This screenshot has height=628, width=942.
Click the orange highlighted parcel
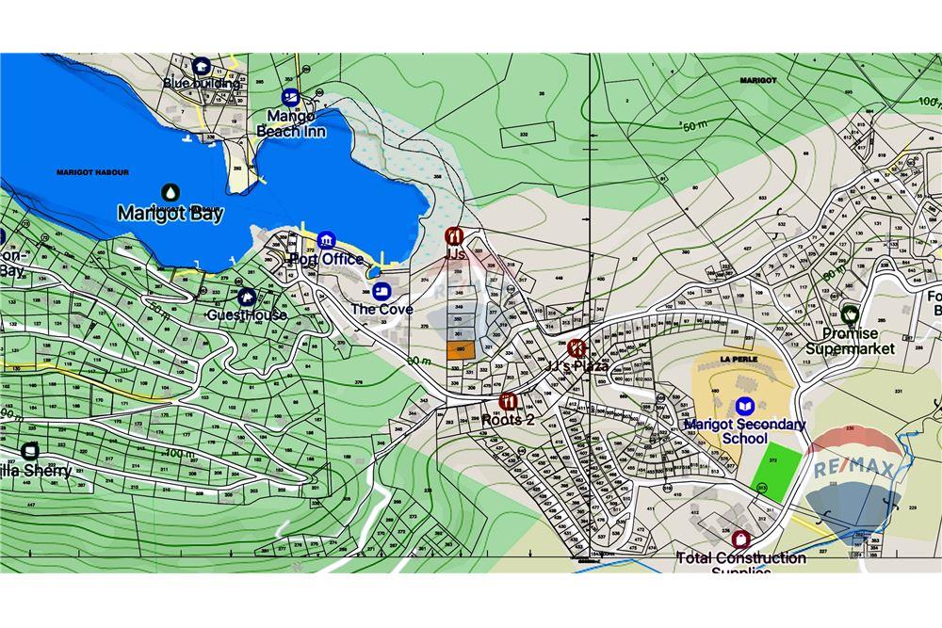coord(460,350)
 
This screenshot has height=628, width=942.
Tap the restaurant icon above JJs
coord(454,235)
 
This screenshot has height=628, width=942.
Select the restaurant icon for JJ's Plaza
coord(577,348)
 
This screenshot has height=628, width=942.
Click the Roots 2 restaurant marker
coord(507,402)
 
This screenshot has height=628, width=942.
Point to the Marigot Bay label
coord(171,214)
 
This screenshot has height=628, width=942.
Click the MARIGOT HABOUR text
coord(92,173)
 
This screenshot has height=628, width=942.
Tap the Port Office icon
coord(327,240)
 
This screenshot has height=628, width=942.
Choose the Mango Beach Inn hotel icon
coord(291,97)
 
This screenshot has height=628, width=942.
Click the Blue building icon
coord(202,66)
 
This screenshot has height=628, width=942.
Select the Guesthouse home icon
coord(246,297)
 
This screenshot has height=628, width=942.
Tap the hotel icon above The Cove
coord(382,291)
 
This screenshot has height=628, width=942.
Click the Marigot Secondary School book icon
coord(745,406)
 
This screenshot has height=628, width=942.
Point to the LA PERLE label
coord(739,360)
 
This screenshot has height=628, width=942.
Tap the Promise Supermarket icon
coord(851,314)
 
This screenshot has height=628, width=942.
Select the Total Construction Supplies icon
coord(741,539)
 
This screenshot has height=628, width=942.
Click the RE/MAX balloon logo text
coord(853,468)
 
